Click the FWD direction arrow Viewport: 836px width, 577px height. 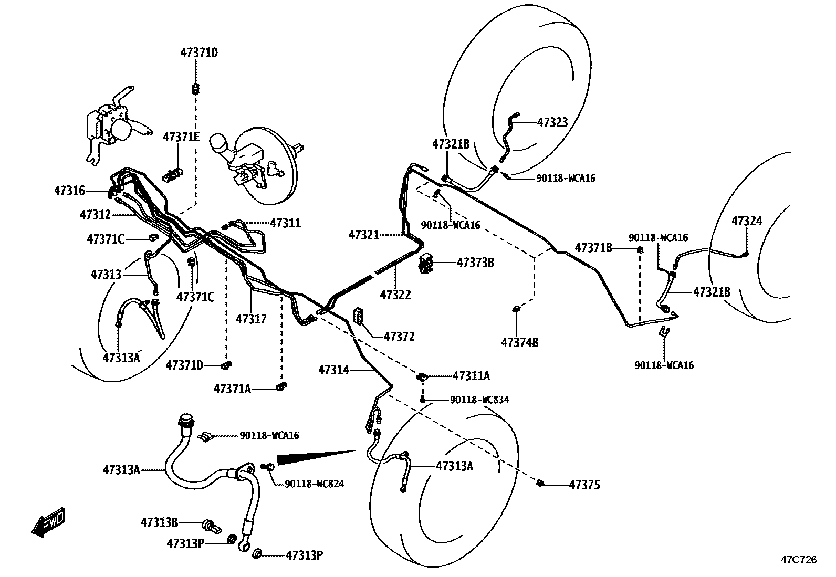click(x=48, y=522)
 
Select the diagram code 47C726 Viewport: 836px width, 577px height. click(x=798, y=560)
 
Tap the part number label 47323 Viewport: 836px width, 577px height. click(x=552, y=122)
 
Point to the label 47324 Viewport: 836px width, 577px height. click(x=747, y=221)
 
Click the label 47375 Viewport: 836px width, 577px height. click(x=584, y=485)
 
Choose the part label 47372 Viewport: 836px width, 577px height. click(x=399, y=337)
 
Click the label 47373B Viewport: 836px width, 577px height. click(x=475, y=262)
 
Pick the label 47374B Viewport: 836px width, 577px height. click(x=520, y=343)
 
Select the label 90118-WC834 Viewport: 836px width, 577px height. click(x=479, y=400)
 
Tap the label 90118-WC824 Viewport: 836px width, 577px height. click(x=315, y=484)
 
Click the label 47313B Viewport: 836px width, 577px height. click(x=159, y=522)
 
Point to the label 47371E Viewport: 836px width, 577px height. click(x=181, y=137)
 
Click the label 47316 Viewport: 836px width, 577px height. click(x=69, y=191)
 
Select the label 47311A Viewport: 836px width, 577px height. click(x=471, y=376)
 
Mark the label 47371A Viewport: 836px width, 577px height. click(x=232, y=389)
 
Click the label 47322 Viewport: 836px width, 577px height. click(x=395, y=295)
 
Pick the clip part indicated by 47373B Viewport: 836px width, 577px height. click(x=426, y=264)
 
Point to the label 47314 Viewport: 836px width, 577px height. click(x=333, y=370)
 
